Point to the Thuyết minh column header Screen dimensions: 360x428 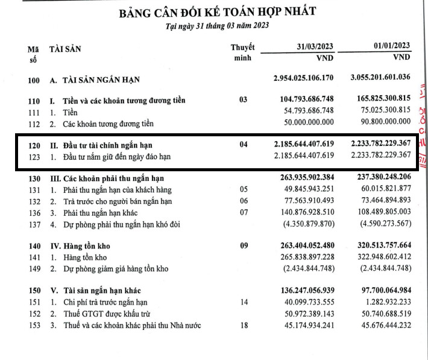click(x=242, y=52)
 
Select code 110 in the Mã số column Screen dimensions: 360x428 click(x=33, y=101)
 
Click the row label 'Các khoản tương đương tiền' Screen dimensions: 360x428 click(x=109, y=124)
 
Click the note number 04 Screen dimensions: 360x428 click(x=243, y=145)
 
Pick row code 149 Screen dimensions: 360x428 click(x=33, y=269)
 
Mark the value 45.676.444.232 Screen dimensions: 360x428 click(x=383, y=326)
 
